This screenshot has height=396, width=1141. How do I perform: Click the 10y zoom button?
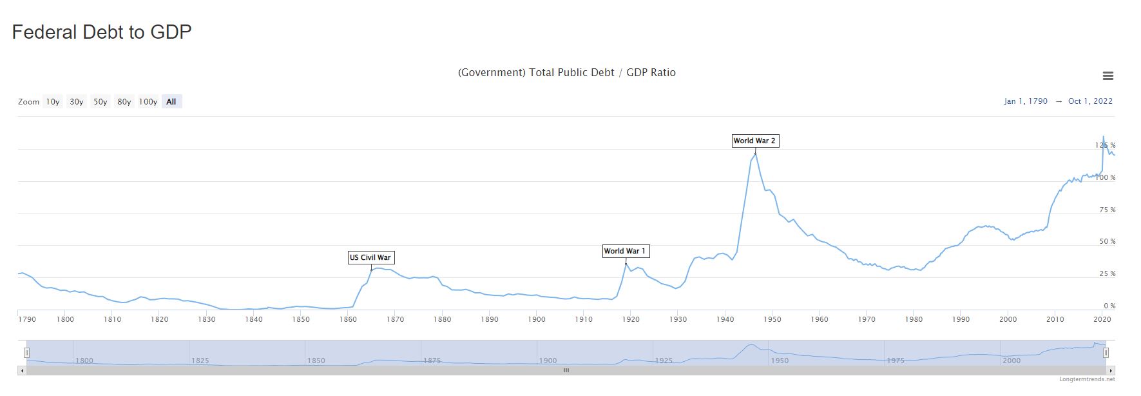53,102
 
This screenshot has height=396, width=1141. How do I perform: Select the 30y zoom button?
77,102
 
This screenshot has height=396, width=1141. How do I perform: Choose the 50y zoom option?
101,102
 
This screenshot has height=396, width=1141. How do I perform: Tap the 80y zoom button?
124,102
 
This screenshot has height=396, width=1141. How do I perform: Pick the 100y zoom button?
148,102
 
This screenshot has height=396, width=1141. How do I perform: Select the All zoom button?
171,102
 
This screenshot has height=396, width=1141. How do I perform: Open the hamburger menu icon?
1108,76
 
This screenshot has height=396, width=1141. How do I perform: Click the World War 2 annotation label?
755,141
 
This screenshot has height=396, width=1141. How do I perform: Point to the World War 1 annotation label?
625,251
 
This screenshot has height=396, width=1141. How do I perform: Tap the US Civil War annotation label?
370,257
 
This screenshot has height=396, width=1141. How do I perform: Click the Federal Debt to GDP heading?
102,32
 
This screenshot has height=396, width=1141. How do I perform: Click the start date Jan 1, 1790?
1026,101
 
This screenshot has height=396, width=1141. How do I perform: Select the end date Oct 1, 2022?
1090,101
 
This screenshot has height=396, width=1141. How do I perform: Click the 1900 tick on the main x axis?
537,319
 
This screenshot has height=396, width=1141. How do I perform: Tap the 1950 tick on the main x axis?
772,319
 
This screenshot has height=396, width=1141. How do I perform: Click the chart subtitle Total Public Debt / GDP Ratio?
567,73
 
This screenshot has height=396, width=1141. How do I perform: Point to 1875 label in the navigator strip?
432,361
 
